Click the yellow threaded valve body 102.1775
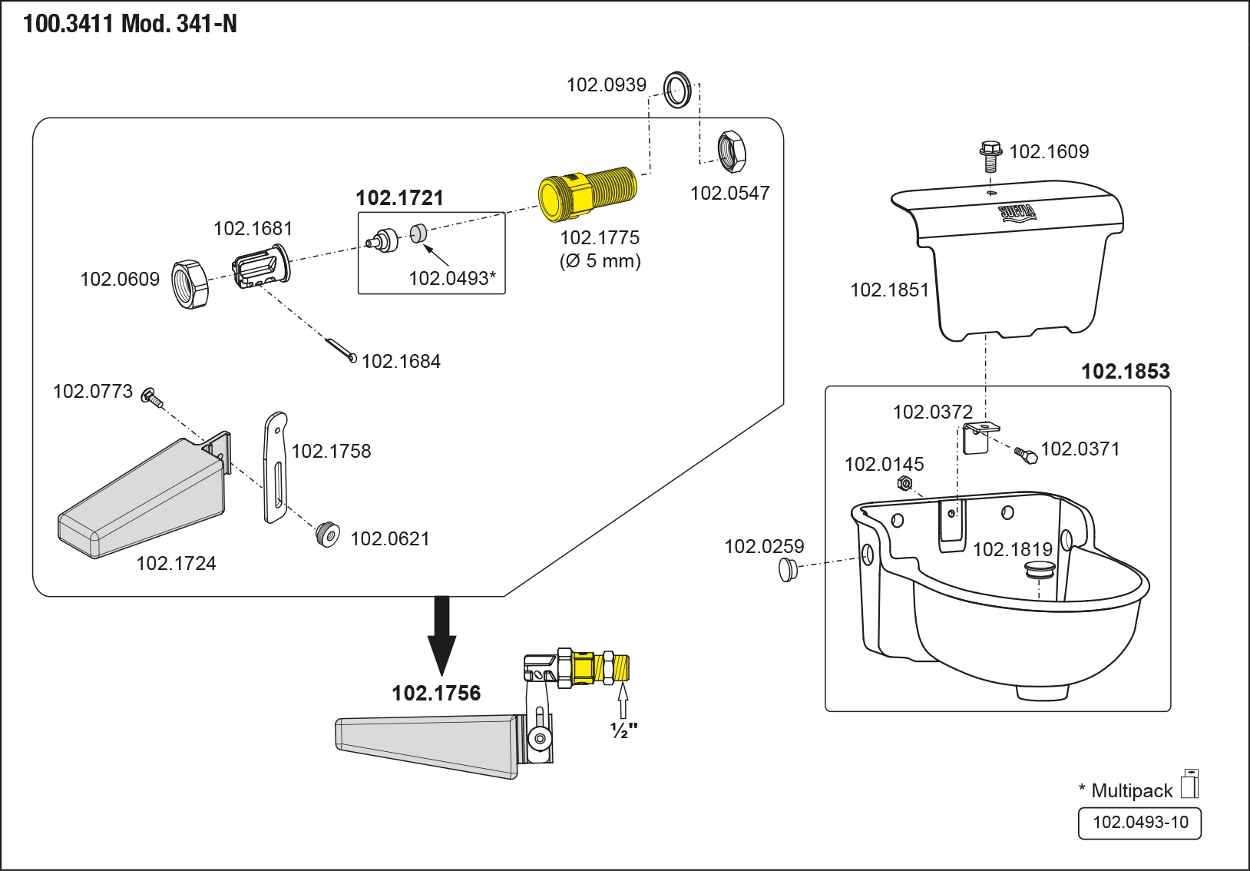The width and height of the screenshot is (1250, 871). click(587, 194)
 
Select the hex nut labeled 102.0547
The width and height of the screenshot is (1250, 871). click(731, 151)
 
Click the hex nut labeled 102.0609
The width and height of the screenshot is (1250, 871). click(190, 284)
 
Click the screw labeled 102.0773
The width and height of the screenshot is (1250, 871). click(152, 398)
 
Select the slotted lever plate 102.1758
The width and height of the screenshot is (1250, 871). click(276, 467)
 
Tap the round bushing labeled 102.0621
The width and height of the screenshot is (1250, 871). click(328, 535)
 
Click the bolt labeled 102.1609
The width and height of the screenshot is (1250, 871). click(990, 157)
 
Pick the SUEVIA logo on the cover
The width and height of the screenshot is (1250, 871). click(1017, 213)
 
